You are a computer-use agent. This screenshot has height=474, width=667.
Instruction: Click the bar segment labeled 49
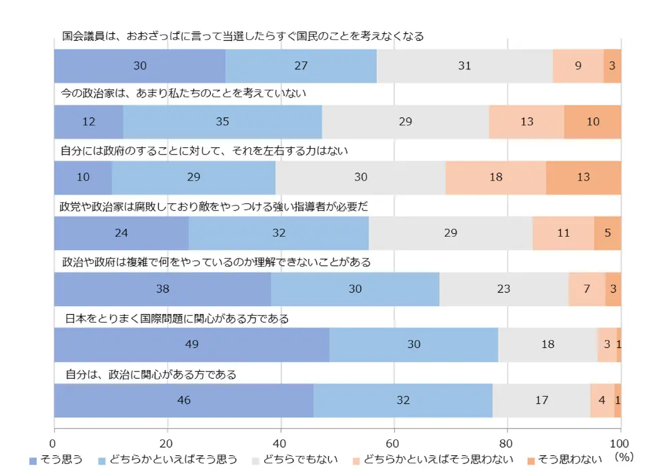coord(191,344)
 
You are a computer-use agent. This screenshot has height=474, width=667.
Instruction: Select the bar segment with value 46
coord(183,400)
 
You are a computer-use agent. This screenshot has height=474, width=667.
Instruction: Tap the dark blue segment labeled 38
coord(162,289)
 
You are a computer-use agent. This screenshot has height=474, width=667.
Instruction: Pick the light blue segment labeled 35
coord(223,121)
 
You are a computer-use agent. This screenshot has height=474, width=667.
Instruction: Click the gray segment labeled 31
coord(464,65)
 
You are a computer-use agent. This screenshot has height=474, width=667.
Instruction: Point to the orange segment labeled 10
coord(592,121)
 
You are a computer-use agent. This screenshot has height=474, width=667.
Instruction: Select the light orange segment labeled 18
coord(496,177)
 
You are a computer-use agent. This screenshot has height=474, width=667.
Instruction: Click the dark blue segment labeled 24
coord(121,233)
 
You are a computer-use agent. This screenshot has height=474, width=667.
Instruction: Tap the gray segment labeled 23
coord(504,289)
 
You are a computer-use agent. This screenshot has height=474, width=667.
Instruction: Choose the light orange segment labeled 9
coord(578,65)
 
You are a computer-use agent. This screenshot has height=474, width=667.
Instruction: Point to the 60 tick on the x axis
coord(394,443)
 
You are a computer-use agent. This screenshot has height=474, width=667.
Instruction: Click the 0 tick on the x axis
coord(54,443)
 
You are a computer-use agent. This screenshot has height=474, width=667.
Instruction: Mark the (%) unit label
coord(624,459)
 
